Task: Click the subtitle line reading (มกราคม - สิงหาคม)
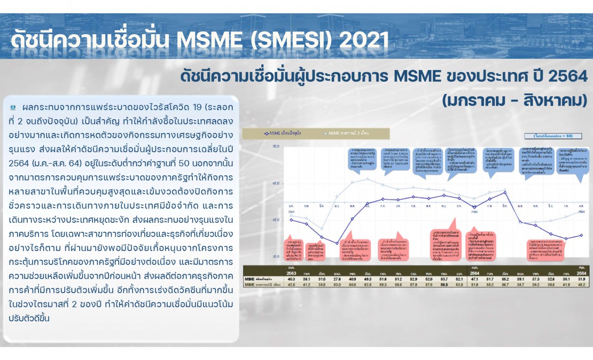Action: pos(514,100)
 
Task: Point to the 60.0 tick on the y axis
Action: pos(276,183)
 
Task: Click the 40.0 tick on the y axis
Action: pos(276,220)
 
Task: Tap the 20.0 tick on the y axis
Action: pos(276,256)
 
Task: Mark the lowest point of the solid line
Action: pos(337,243)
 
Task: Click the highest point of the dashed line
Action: pos(367,178)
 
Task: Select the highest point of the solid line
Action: pos(505,192)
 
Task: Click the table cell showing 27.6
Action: pos(337,279)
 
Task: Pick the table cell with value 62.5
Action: pos(368,285)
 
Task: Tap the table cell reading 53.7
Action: pos(443,279)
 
